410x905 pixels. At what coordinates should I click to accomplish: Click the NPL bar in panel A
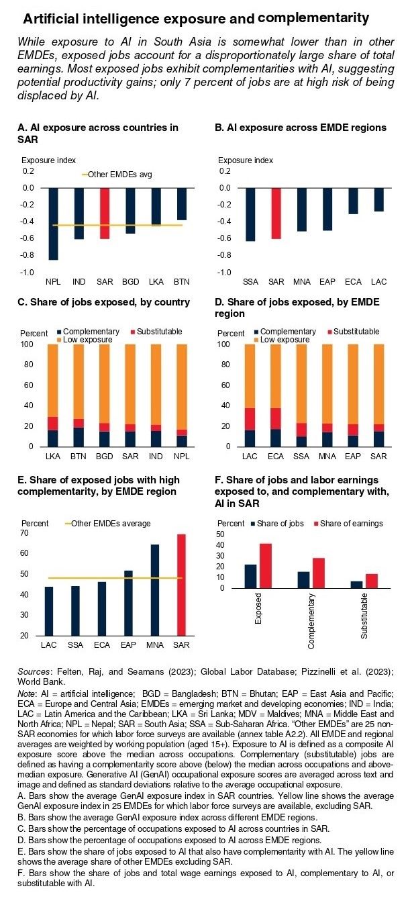(53, 224)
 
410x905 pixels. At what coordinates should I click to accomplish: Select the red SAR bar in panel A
(105, 213)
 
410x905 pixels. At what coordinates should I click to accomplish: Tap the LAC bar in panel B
(379, 199)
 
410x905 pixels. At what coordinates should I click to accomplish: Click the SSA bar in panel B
(250, 215)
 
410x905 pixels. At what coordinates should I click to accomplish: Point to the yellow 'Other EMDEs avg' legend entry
(117, 175)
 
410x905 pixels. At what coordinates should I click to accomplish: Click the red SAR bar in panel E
(181, 585)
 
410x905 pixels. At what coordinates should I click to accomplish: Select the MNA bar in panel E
(155, 590)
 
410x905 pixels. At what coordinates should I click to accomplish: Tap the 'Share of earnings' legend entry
(348, 523)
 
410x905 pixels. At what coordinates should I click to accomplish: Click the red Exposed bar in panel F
(265, 565)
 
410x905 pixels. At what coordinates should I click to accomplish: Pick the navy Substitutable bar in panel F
(357, 585)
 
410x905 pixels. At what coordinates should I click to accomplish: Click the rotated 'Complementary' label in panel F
(311, 621)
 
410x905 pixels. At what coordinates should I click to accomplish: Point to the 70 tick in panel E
(24, 533)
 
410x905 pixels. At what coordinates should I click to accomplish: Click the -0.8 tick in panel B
(224, 255)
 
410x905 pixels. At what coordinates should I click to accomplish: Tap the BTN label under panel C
(79, 456)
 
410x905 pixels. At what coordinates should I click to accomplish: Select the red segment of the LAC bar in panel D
(250, 419)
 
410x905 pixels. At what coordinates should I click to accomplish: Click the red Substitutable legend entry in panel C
(156, 331)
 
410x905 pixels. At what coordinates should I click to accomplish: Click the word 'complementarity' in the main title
(313, 17)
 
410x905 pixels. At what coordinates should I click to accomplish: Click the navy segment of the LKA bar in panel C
(53, 438)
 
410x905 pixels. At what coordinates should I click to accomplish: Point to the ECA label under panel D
(276, 456)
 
